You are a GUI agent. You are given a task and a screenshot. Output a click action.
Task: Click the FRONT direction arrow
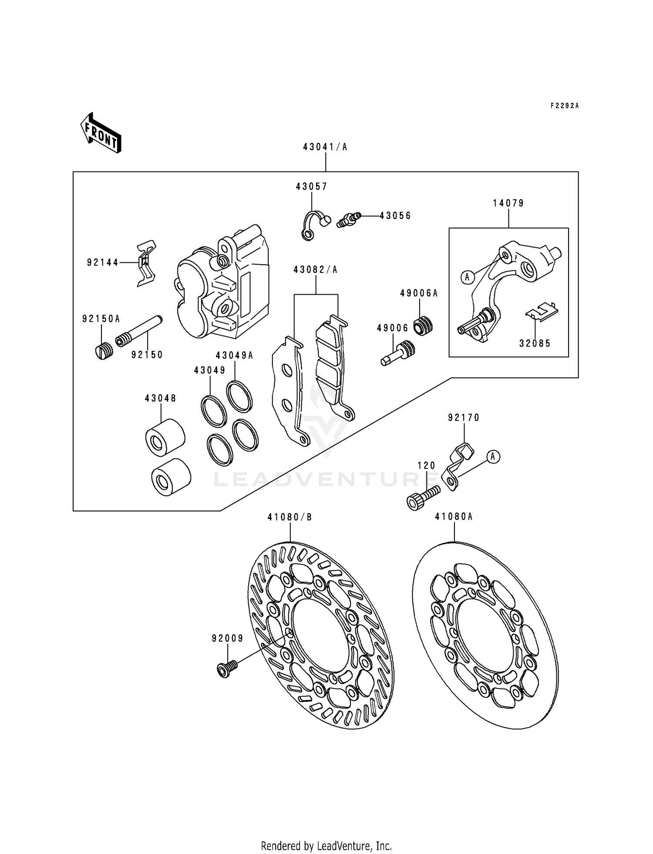(101, 133)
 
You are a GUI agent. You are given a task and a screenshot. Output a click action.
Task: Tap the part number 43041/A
(325, 147)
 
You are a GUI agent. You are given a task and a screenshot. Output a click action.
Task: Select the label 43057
(311, 187)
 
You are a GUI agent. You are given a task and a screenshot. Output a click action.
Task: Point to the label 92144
(103, 262)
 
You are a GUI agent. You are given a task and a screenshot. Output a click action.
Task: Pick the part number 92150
(147, 355)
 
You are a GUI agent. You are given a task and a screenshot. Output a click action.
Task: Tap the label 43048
(161, 398)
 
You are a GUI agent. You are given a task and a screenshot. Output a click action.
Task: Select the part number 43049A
(234, 355)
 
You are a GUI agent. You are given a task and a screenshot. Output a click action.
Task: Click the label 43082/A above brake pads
(316, 270)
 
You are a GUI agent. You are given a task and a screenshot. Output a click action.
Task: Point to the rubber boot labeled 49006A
(423, 326)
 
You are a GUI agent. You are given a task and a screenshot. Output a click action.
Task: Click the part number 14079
(508, 203)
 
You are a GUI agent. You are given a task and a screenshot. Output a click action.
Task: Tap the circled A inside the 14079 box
(467, 276)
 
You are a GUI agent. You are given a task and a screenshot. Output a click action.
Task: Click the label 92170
(464, 418)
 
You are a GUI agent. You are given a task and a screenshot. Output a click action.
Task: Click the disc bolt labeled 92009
(227, 669)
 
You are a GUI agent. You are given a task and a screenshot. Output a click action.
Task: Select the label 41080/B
(290, 517)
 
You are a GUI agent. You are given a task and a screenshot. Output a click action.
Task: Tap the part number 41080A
(454, 517)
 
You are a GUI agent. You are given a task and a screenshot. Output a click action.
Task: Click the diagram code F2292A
(565, 106)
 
